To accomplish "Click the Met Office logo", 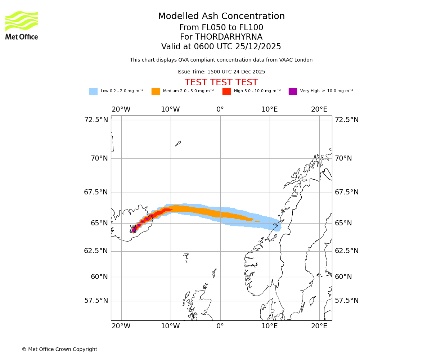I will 22,25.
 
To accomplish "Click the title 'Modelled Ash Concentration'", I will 221,16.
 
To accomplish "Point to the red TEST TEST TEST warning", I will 221,82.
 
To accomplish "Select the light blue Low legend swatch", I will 93,91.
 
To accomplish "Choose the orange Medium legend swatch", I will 156,91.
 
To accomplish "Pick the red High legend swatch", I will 226,91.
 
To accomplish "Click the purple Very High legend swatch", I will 293,91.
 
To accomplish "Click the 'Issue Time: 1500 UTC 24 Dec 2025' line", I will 221,72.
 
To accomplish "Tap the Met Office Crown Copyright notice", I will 59,349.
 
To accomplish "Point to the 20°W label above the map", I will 121,109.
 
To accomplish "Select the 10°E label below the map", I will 269,326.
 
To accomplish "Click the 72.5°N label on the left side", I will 96,120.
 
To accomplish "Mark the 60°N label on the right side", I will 343,277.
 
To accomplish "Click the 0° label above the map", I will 220,109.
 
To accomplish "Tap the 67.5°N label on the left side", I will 96,192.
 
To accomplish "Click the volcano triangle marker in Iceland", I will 133,229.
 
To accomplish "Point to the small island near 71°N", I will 178,143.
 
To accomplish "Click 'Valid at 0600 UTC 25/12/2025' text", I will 221,47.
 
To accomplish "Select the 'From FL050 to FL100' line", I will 221,28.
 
